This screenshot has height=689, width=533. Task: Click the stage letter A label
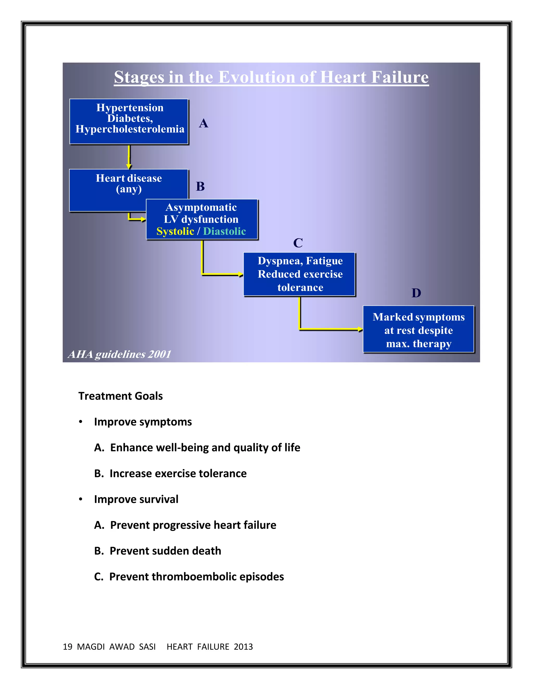pos(203,123)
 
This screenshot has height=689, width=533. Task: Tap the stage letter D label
pos(416,293)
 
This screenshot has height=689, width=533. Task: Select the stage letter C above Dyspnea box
pos(298,243)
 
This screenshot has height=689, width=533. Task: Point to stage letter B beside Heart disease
pos(200,186)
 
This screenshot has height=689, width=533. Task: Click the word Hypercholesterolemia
pos(130,129)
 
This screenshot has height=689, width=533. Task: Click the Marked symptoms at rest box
pos(418,329)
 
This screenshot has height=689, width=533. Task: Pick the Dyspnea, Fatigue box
pos(300,274)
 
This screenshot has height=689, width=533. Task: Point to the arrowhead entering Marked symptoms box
pos(360,329)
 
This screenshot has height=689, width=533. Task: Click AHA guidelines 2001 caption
pos(119,354)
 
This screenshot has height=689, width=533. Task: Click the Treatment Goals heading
pos(120,396)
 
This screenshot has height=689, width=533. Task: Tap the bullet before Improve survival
pos(81,499)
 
